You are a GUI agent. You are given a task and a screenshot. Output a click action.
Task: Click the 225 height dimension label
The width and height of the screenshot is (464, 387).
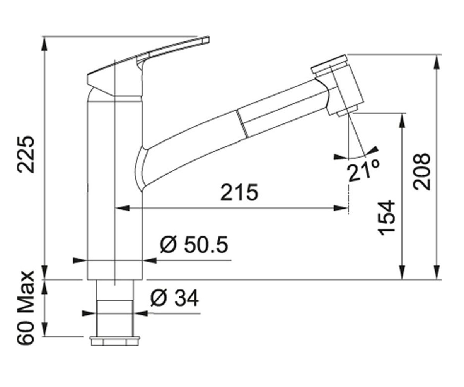26,154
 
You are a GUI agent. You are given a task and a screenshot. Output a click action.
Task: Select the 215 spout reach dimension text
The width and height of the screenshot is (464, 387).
239,192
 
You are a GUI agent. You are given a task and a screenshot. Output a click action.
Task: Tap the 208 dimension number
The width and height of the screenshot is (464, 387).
421,171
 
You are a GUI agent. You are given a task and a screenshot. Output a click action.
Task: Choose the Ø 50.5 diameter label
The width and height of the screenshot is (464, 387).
194,245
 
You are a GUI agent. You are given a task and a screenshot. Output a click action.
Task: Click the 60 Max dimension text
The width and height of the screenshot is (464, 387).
26,308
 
